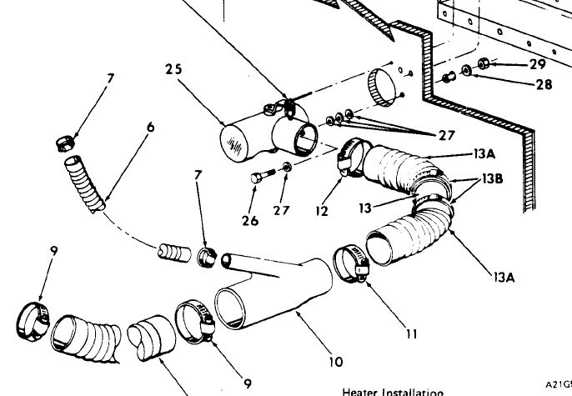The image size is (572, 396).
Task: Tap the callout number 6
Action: (x=150, y=128)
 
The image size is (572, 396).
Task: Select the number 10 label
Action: (x=335, y=362)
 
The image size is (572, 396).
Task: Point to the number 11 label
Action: (x=409, y=336)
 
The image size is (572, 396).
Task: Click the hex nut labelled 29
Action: (x=483, y=63)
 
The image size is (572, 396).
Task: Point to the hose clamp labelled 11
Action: (x=354, y=264)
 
